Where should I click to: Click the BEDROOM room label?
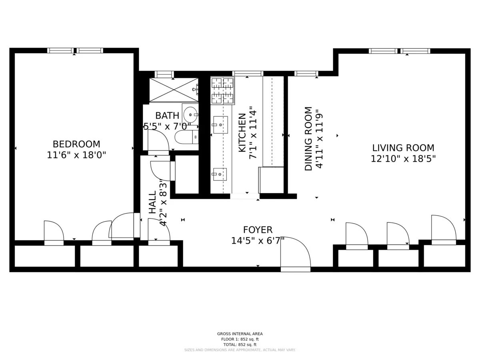(76, 144)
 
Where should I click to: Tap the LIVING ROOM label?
(403, 148)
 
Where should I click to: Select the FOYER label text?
(258, 230)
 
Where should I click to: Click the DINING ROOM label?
(308, 138)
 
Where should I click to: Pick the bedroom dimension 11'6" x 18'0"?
(76, 155)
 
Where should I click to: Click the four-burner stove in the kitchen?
(222, 91)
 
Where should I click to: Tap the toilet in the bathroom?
(187, 137)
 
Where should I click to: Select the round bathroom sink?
(190, 114)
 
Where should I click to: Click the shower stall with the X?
(174, 90)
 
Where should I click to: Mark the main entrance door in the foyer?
(296, 254)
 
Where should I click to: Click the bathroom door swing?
(158, 140)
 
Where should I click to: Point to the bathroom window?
(164, 74)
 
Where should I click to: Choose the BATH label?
(167, 116)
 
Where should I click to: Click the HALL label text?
(153, 202)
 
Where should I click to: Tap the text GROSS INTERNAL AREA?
(240, 334)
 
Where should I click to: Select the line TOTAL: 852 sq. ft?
(240, 344)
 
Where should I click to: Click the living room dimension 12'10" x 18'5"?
(403, 159)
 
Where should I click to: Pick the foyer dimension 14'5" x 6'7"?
(258, 241)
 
